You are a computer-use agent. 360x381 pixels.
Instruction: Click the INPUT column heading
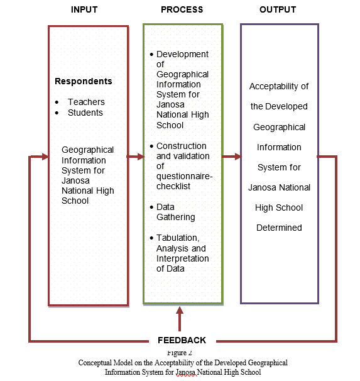(84, 9)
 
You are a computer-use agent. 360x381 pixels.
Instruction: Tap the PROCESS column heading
(182, 9)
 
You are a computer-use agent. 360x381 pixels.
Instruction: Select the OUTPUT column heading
(278, 9)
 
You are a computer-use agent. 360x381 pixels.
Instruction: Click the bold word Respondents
(84, 81)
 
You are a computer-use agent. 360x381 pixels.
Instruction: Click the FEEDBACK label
(182, 340)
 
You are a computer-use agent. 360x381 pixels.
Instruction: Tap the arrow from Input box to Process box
(136, 157)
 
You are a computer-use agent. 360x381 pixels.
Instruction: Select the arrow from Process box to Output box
(232, 157)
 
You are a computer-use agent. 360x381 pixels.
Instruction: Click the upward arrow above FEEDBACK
(180, 319)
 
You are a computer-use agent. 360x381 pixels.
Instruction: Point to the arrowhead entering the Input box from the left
(45, 157)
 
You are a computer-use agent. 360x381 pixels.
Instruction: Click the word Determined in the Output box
(279, 228)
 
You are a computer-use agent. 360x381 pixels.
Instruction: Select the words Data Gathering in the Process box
(176, 212)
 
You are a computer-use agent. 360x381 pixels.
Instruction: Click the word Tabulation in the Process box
(178, 238)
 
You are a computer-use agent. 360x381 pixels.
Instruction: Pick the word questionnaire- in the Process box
(185, 177)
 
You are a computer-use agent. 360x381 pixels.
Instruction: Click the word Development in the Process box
(182, 55)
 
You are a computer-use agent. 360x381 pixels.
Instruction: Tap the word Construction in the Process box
(182, 146)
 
